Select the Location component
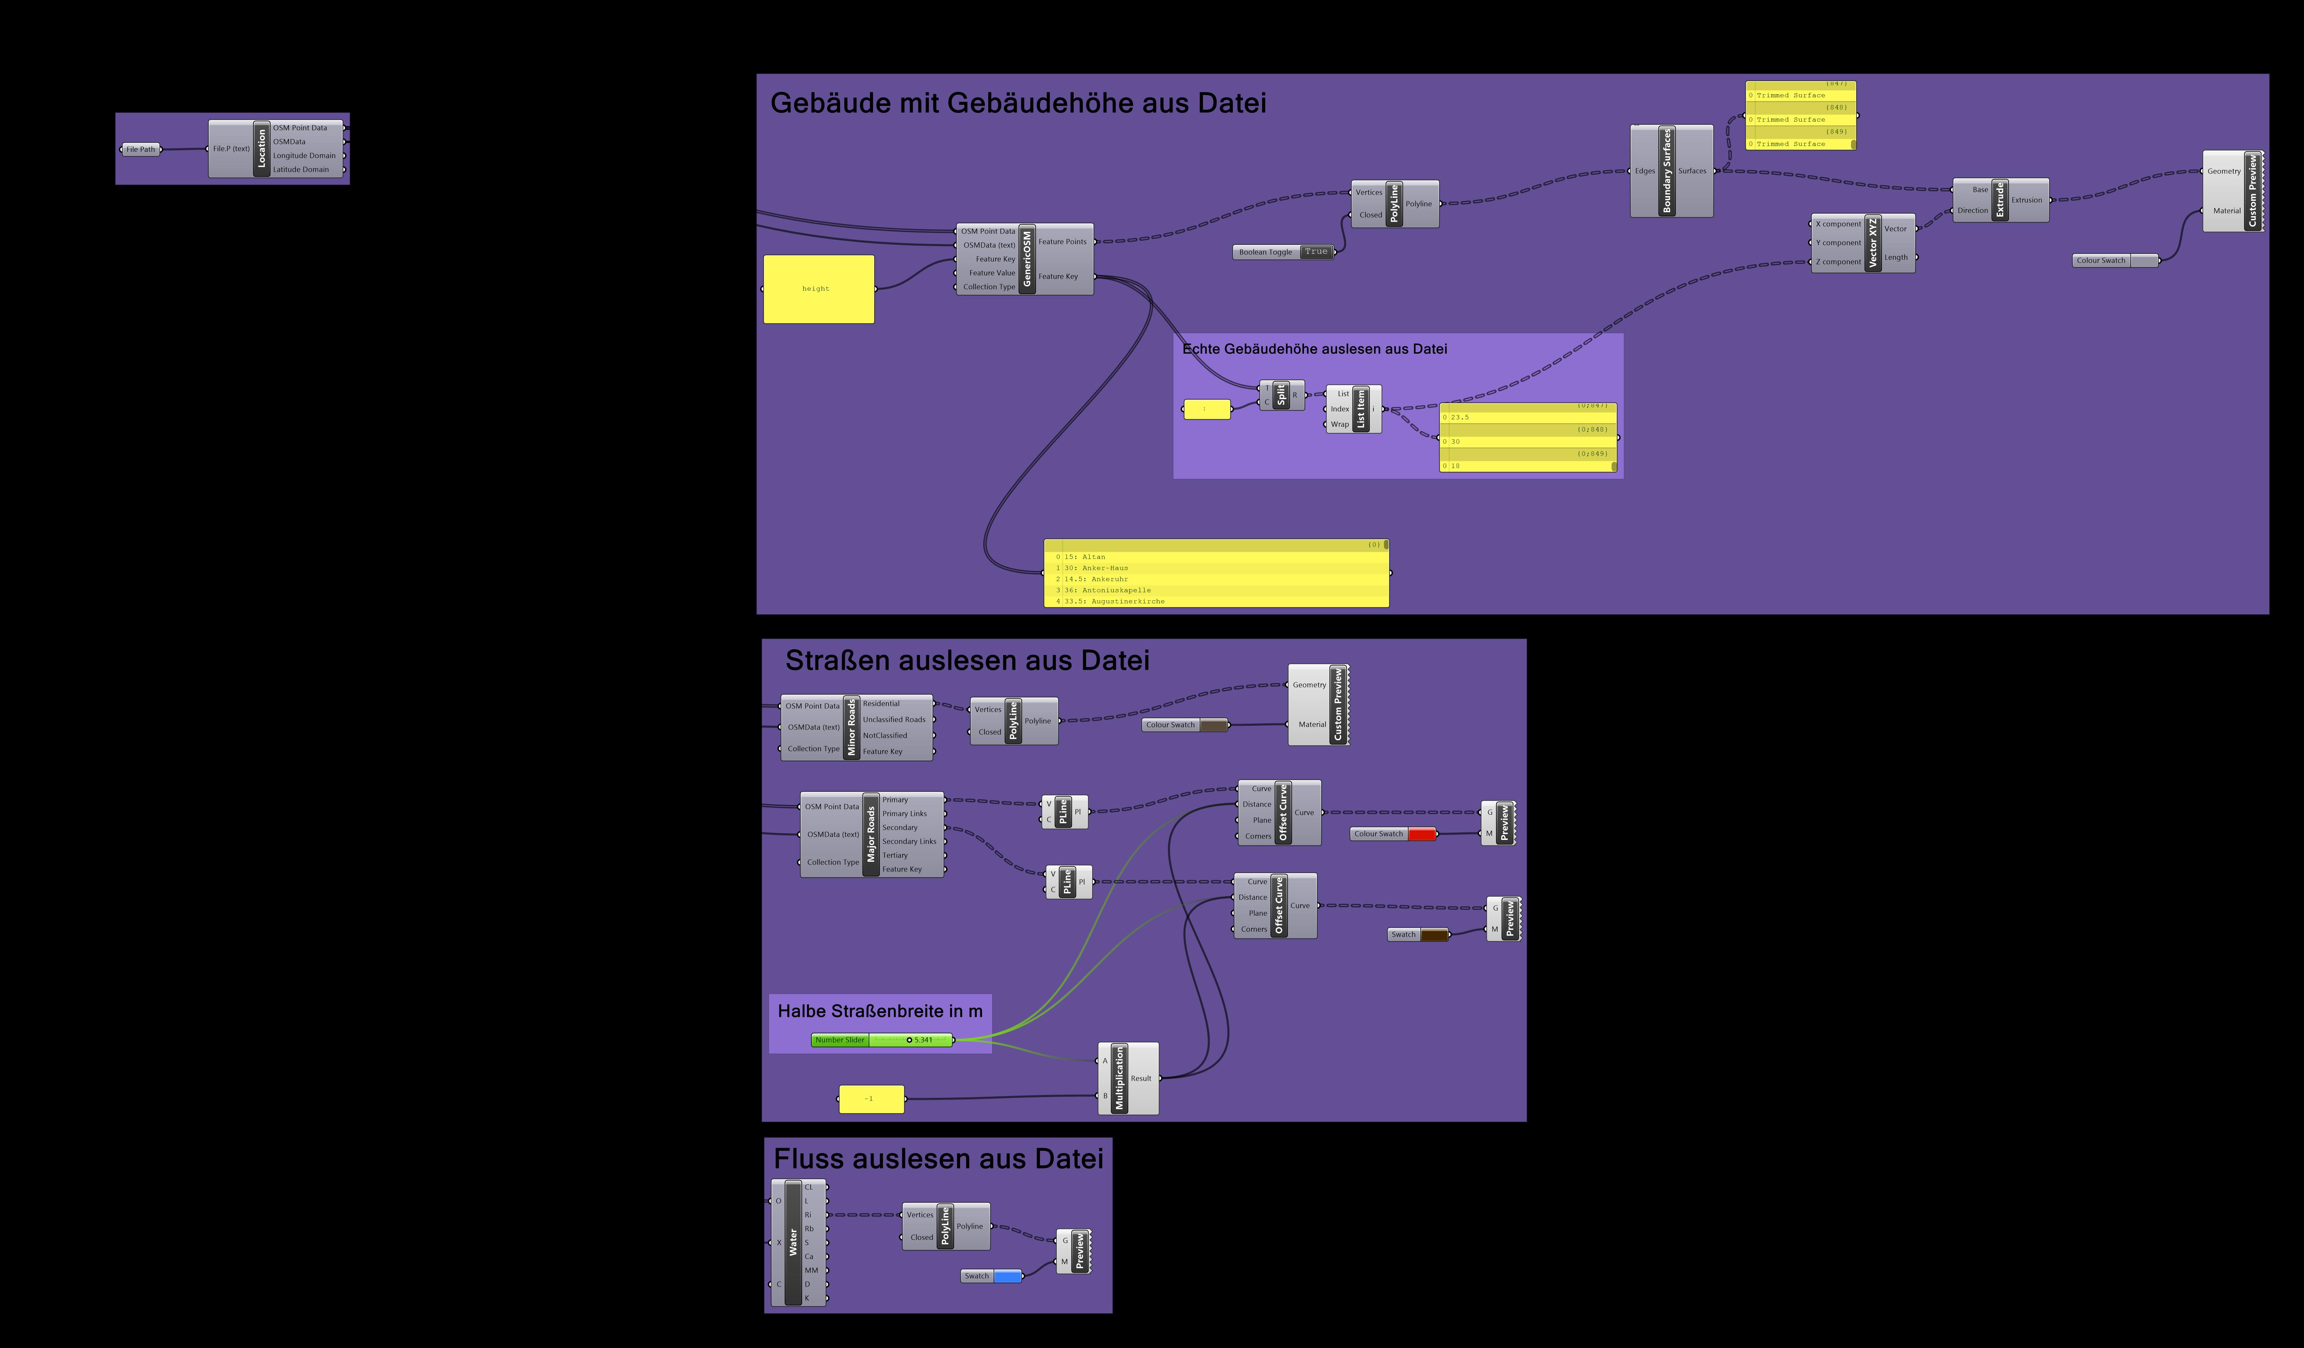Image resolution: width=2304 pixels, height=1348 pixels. [262, 148]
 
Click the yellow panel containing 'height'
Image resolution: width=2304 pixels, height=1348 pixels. [818, 289]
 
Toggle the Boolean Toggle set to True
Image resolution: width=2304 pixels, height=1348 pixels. [1315, 252]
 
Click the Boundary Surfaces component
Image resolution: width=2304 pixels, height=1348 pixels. [1667, 171]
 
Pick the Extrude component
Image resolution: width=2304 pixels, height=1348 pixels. [2000, 199]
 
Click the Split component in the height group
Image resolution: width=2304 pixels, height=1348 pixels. [1281, 395]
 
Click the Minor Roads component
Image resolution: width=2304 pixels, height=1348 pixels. [851, 727]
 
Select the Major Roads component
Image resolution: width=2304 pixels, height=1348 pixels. [870, 834]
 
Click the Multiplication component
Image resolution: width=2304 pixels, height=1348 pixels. [1119, 1078]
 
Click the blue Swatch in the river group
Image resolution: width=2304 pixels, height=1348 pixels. [1007, 1276]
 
